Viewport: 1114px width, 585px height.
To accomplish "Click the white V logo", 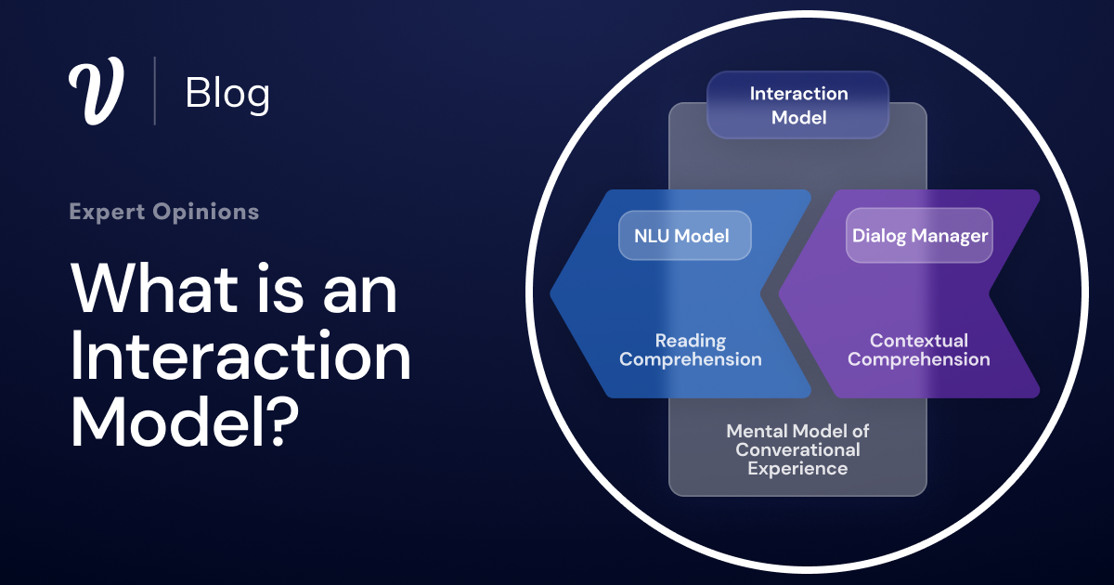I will tap(96, 92).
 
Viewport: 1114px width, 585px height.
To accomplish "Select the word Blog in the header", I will tap(227, 93).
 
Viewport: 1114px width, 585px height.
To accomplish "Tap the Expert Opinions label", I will tap(163, 212).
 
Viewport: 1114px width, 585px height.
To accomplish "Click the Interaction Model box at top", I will tap(798, 106).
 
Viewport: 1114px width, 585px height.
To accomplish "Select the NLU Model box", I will tap(685, 236).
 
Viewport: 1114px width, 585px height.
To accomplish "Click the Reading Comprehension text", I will tap(690, 350).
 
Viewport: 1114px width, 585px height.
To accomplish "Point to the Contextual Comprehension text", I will tap(918, 350).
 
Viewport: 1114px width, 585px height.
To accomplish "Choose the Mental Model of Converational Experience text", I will tap(797, 449).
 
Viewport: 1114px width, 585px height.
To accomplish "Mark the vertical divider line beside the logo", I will tap(154, 91).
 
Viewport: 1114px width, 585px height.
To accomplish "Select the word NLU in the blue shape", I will tap(652, 236).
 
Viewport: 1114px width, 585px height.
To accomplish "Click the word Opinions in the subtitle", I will tap(209, 212).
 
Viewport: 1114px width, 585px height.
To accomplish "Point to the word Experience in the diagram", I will tap(797, 468).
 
